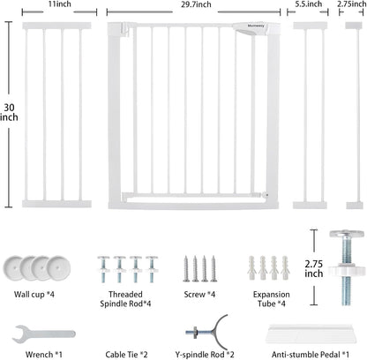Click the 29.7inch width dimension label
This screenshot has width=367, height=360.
pos(196,4)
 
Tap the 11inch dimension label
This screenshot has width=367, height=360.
pos(60,4)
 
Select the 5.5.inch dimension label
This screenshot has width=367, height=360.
pos(309,4)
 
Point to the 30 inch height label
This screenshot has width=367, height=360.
pos(9,112)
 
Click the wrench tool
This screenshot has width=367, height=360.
pos(43,334)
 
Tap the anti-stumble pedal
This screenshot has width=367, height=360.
pos(311,334)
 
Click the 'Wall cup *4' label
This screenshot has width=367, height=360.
pos(34,295)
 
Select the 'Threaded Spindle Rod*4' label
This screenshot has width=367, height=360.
pos(125,299)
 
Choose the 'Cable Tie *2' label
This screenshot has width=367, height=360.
pos(126,355)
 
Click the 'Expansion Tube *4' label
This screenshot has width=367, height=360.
pos(272,299)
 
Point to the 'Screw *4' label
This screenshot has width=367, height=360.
pos(199,295)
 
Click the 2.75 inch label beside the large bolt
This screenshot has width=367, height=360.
pos(314,268)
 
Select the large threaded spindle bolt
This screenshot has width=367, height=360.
pos(347,267)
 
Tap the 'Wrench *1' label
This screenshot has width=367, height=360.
pos(44,355)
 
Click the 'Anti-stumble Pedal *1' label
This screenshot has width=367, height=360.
pos(311,355)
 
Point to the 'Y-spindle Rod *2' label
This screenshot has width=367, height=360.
pos(205,355)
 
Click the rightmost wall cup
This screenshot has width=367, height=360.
pos(58,268)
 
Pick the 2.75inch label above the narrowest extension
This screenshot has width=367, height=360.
pos(352,4)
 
